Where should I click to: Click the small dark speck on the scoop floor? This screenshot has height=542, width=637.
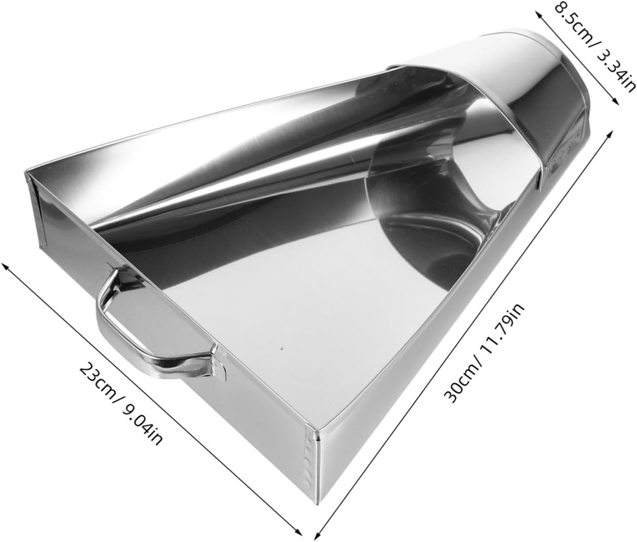click(281, 347)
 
